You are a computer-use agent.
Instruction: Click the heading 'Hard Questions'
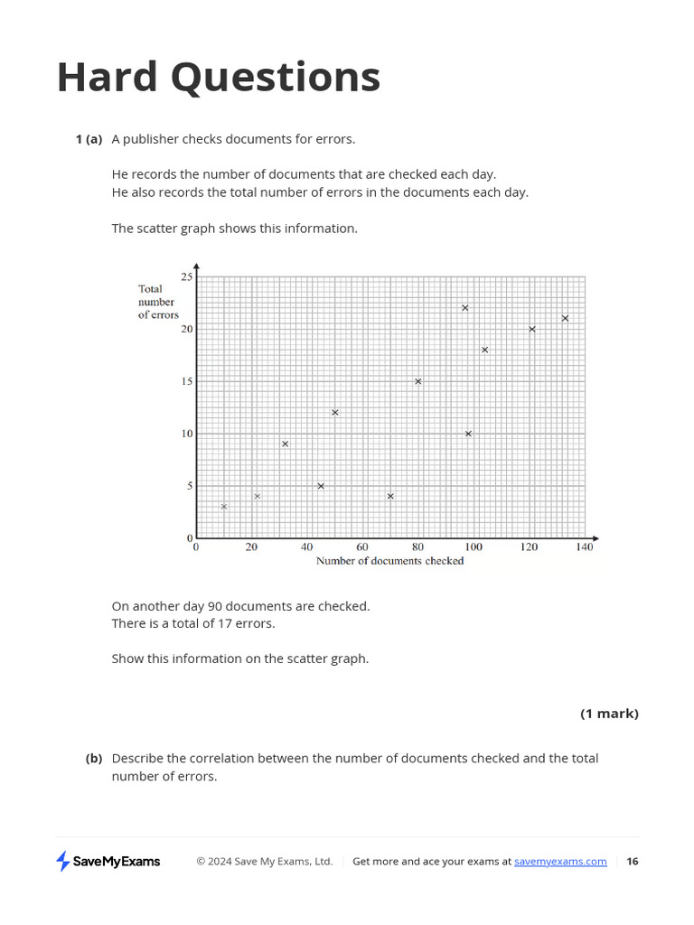(218, 78)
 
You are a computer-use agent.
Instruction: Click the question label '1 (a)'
(89, 139)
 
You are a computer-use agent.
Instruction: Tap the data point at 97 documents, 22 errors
(465, 308)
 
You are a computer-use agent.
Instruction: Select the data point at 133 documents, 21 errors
(565, 318)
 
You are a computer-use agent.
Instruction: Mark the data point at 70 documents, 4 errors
(390, 496)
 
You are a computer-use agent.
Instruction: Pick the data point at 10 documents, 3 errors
(224, 507)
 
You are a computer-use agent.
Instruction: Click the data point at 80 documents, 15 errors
(418, 381)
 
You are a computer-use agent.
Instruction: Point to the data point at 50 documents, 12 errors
(335, 413)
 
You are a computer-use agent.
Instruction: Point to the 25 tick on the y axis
(187, 276)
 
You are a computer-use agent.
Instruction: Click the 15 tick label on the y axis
(187, 381)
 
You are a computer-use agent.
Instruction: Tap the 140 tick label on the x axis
(585, 547)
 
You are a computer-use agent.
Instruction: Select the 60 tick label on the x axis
(362, 547)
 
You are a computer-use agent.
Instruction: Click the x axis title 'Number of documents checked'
(389, 561)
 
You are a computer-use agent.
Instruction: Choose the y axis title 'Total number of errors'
(158, 302)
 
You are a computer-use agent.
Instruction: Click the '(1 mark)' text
(609, 714)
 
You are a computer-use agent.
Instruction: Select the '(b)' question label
(94, 758)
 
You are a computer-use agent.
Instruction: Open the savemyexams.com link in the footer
(560, 862)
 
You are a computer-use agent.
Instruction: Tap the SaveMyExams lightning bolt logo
(63, 861)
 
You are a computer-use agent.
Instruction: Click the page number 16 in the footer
(633, 862)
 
